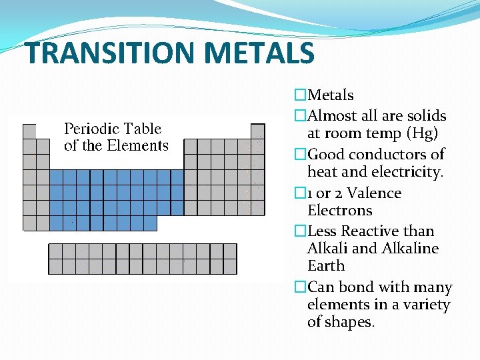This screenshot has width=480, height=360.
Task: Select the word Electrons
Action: (x=340, y=211)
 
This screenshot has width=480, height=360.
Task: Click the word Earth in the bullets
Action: (x=326, y=266)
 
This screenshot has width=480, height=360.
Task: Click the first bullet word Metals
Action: (x=331, y=95)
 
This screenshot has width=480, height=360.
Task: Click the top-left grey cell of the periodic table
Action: (x=29, y=131)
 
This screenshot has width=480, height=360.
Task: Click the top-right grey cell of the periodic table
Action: (x=257, y=131)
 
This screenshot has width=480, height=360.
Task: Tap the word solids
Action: (x=427, y=116)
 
